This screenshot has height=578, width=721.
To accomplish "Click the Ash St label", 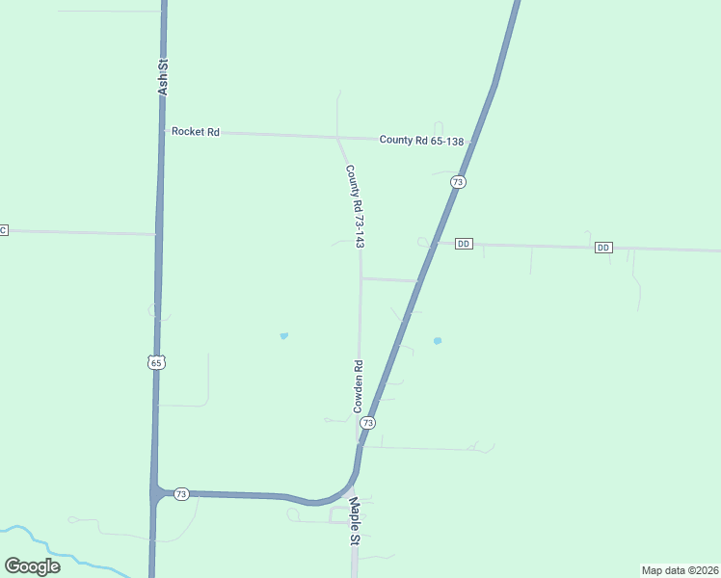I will coord(163,77).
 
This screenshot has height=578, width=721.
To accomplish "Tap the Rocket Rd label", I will coord(196,131).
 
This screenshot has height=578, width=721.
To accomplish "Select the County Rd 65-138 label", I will coord(421,140).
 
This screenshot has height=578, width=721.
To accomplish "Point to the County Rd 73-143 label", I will coord(355,206).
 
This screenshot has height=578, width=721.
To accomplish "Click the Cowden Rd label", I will coord(358,386).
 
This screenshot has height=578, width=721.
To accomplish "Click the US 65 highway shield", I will coord(156,362).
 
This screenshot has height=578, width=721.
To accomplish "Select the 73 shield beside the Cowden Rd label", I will coord(367,423).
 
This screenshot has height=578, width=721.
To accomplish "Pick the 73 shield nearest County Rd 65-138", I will coord(458,182).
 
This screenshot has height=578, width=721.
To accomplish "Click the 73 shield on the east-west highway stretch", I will coord(181,493).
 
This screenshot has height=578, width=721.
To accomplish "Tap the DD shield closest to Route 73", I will coord(464,244).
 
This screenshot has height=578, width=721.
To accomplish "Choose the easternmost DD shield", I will coord(603,248).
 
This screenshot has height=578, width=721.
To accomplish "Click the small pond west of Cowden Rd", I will coord(283,335).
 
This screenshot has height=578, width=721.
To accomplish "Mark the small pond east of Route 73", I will coord(438,340).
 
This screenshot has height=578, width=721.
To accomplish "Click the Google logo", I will coord(32,566).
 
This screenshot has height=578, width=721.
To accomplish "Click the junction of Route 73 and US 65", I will coord(157,492).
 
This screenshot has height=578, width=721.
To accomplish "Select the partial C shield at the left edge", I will coord(3,229).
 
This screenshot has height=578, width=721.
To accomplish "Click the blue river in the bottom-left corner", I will coord(58,553).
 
